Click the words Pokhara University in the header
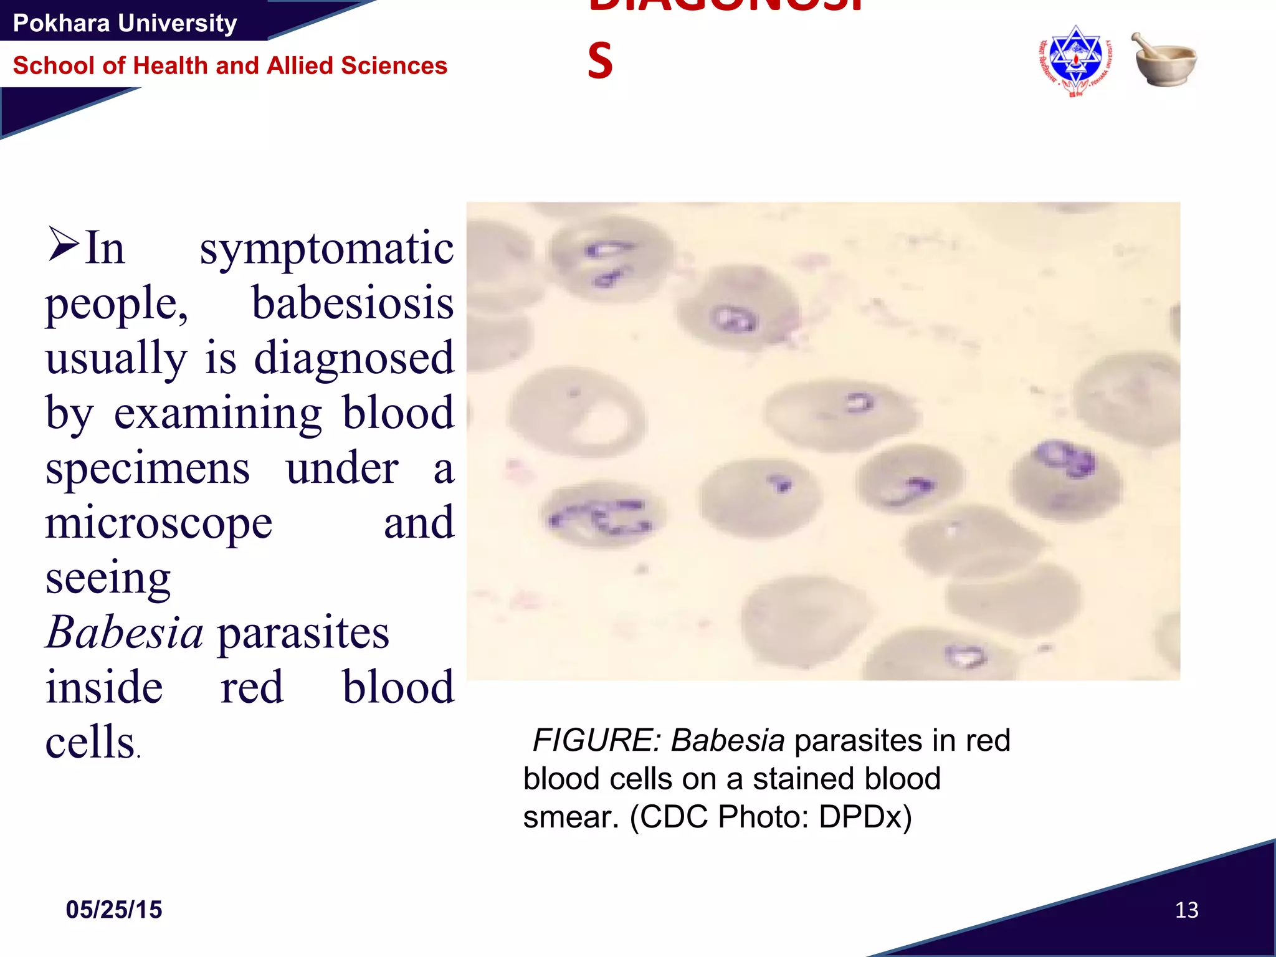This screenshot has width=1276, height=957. pos(125,24)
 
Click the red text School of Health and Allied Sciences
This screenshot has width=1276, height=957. pos(230,65)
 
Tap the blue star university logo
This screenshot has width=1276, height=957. pos(1075,61)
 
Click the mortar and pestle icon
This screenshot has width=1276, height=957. pos(1164,60)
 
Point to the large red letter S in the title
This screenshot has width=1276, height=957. pos(600,61)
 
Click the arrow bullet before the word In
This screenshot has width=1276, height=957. pos(64,244)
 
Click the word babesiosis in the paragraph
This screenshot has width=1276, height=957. pos(353,303)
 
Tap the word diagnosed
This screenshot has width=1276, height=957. pos(354,359)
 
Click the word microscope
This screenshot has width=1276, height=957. pos(159,523)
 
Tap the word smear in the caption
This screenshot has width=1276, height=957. pos(570,817)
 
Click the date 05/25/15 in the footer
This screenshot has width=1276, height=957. pos(114,910)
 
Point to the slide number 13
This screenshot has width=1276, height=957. pos(1186,910)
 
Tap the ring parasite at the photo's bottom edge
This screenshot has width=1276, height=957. pos(965,655)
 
